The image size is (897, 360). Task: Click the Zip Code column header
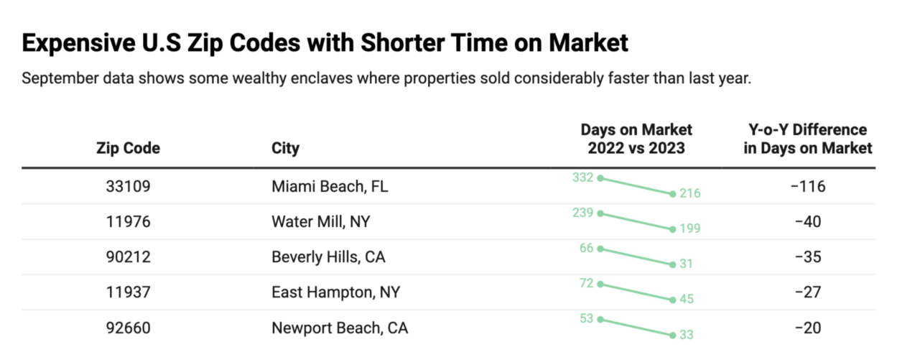tap(128, 149)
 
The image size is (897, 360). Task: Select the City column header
tap(285, 149)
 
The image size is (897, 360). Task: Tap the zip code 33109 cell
tap(128, 186)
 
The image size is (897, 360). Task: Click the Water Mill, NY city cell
tap(320, 221)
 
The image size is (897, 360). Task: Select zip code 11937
tap(128, 292)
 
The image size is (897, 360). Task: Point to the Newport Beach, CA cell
tap(340, 328)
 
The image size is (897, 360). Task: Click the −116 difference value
tap(808, 186)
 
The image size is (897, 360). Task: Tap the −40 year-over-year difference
tap(808, 221)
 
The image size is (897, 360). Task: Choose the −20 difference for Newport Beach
tap(808, 328)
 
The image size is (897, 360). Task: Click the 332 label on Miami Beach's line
tap(583, 177)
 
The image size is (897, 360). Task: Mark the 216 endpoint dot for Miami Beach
tap(672, 194)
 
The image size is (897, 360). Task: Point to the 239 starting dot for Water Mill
tap(600, 213)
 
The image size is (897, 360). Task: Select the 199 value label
tap(689, 229)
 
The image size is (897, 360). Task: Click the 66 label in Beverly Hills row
tap(586, 248)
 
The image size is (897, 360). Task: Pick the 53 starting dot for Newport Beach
tap(600, 318)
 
